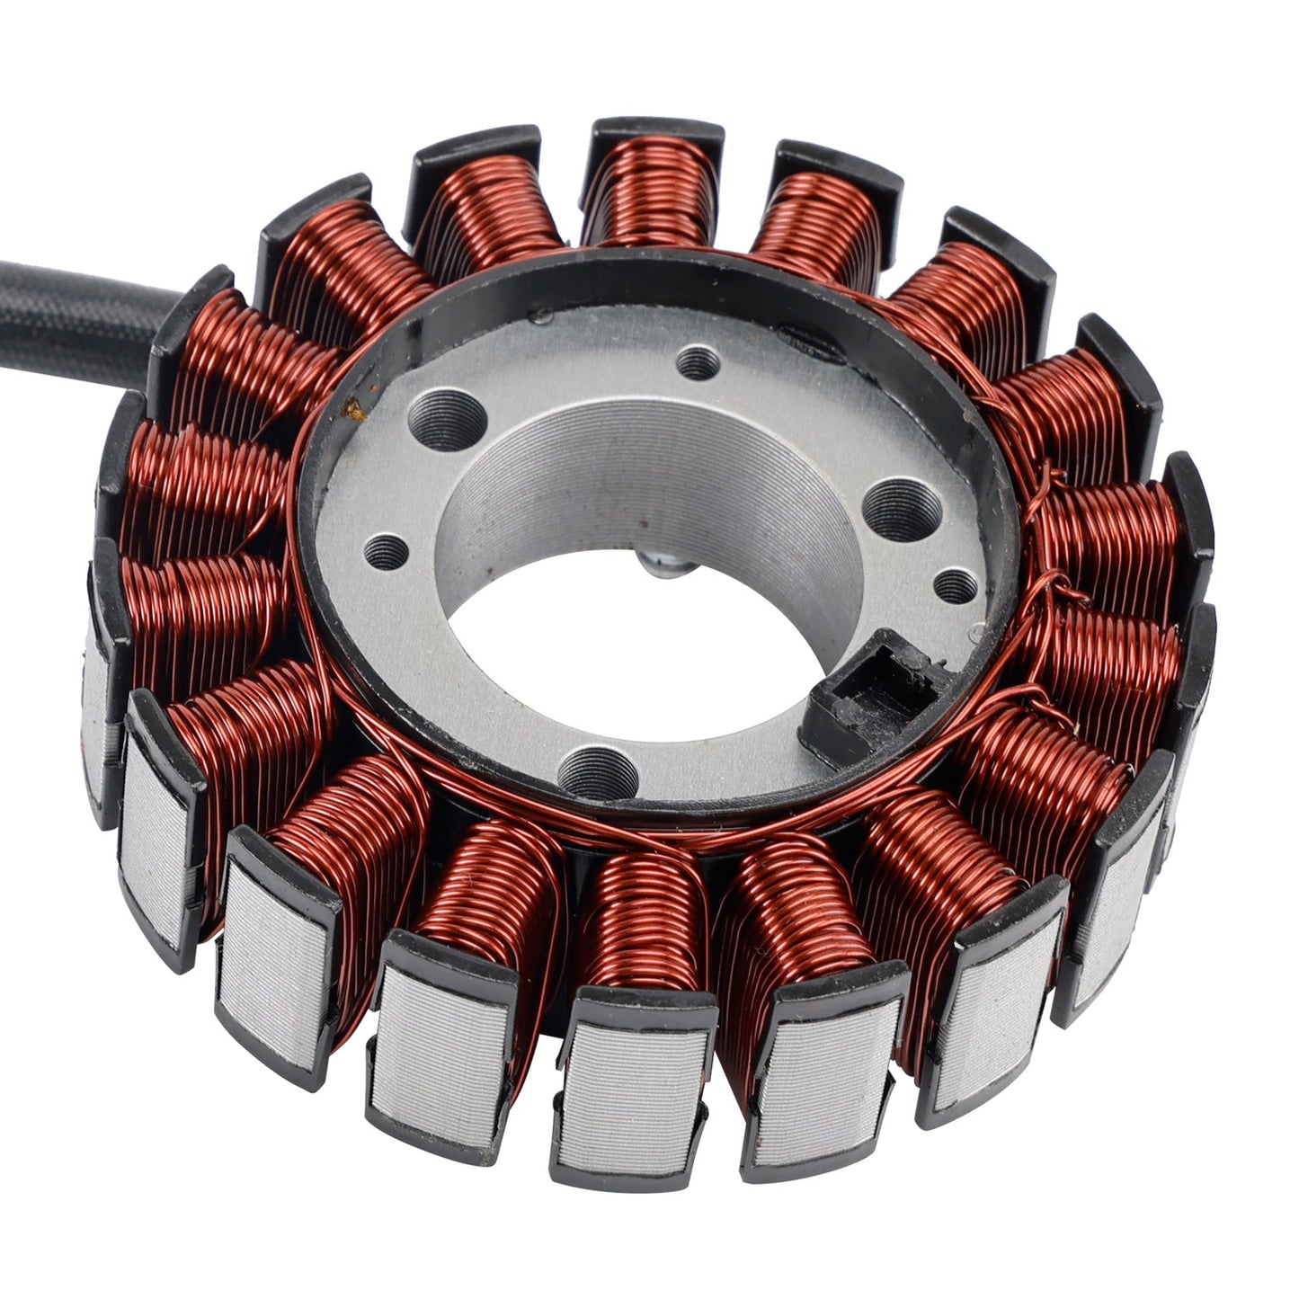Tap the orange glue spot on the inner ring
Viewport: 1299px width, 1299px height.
(x=356, y=409)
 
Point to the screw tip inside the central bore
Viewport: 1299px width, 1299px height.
(x=665, y=565)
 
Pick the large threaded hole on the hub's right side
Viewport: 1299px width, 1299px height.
(x=901, y=509)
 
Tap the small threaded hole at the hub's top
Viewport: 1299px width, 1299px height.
(x=698, y=363)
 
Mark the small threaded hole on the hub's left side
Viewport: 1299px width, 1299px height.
(x=386, y=552)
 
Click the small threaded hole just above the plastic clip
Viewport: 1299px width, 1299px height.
(x=955, y=587)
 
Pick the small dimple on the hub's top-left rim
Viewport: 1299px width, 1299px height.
(x=541, y=317)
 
